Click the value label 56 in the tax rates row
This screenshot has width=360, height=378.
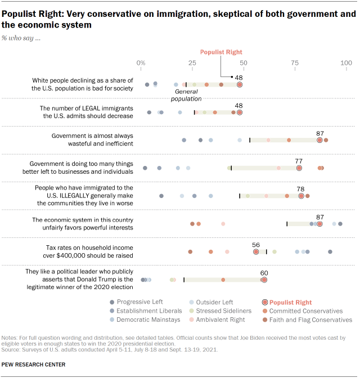256,245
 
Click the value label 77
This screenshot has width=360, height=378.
299,160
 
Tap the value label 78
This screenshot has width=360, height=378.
301,189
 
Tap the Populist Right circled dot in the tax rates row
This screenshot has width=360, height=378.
256,252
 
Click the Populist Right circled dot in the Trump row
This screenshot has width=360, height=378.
264,280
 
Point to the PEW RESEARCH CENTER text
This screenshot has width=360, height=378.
34,364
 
